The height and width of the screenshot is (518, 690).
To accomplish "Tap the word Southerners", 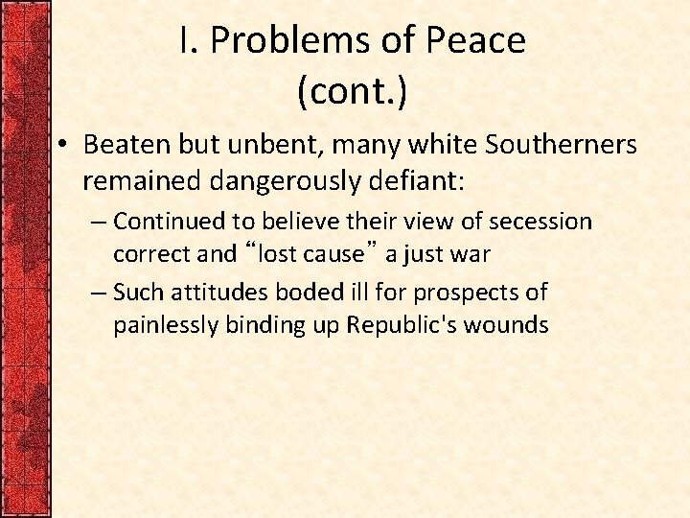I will click(561, 145).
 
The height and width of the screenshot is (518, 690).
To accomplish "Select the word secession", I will click(540, 222).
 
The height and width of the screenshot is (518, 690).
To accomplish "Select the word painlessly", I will click(166, 325).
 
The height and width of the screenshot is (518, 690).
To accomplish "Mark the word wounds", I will click(505, 325).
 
